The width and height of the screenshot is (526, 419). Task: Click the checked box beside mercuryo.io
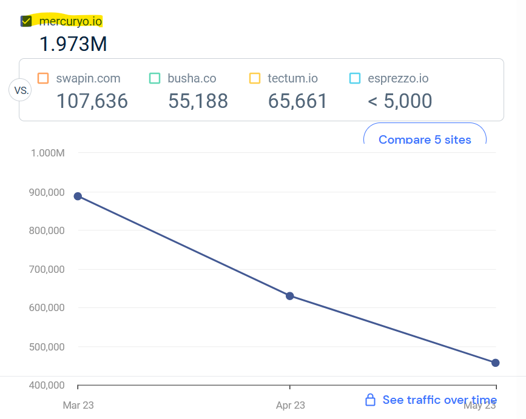coord(26,21)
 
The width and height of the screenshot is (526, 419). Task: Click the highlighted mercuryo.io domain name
coord(70,21)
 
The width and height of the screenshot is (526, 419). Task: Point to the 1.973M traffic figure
coord(73,44)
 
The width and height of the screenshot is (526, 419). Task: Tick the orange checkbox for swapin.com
coord(43,78)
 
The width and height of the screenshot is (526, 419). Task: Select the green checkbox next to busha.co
coord(155,78)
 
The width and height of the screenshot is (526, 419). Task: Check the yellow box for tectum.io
coord(255,78)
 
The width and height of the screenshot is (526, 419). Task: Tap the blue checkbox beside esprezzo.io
coord(355,78)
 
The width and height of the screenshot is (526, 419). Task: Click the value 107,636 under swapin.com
coord(92,101)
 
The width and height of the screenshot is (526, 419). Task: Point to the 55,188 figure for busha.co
coord(198,101)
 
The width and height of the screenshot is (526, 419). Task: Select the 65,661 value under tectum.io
coord(298,101)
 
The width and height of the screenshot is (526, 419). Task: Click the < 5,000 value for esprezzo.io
coord(400,101)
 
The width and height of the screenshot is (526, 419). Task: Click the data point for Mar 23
coord(78,196)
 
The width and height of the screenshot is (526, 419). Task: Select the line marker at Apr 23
coord(290,296)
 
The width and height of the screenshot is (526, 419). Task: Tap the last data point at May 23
coord(496,363)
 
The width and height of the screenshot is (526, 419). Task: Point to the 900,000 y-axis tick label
coord(47,192)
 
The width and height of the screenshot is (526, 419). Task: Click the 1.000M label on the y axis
coord(47,153)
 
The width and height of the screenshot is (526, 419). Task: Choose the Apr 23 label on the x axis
coord(291,405)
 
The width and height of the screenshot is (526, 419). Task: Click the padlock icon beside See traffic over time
coord(370,400)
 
